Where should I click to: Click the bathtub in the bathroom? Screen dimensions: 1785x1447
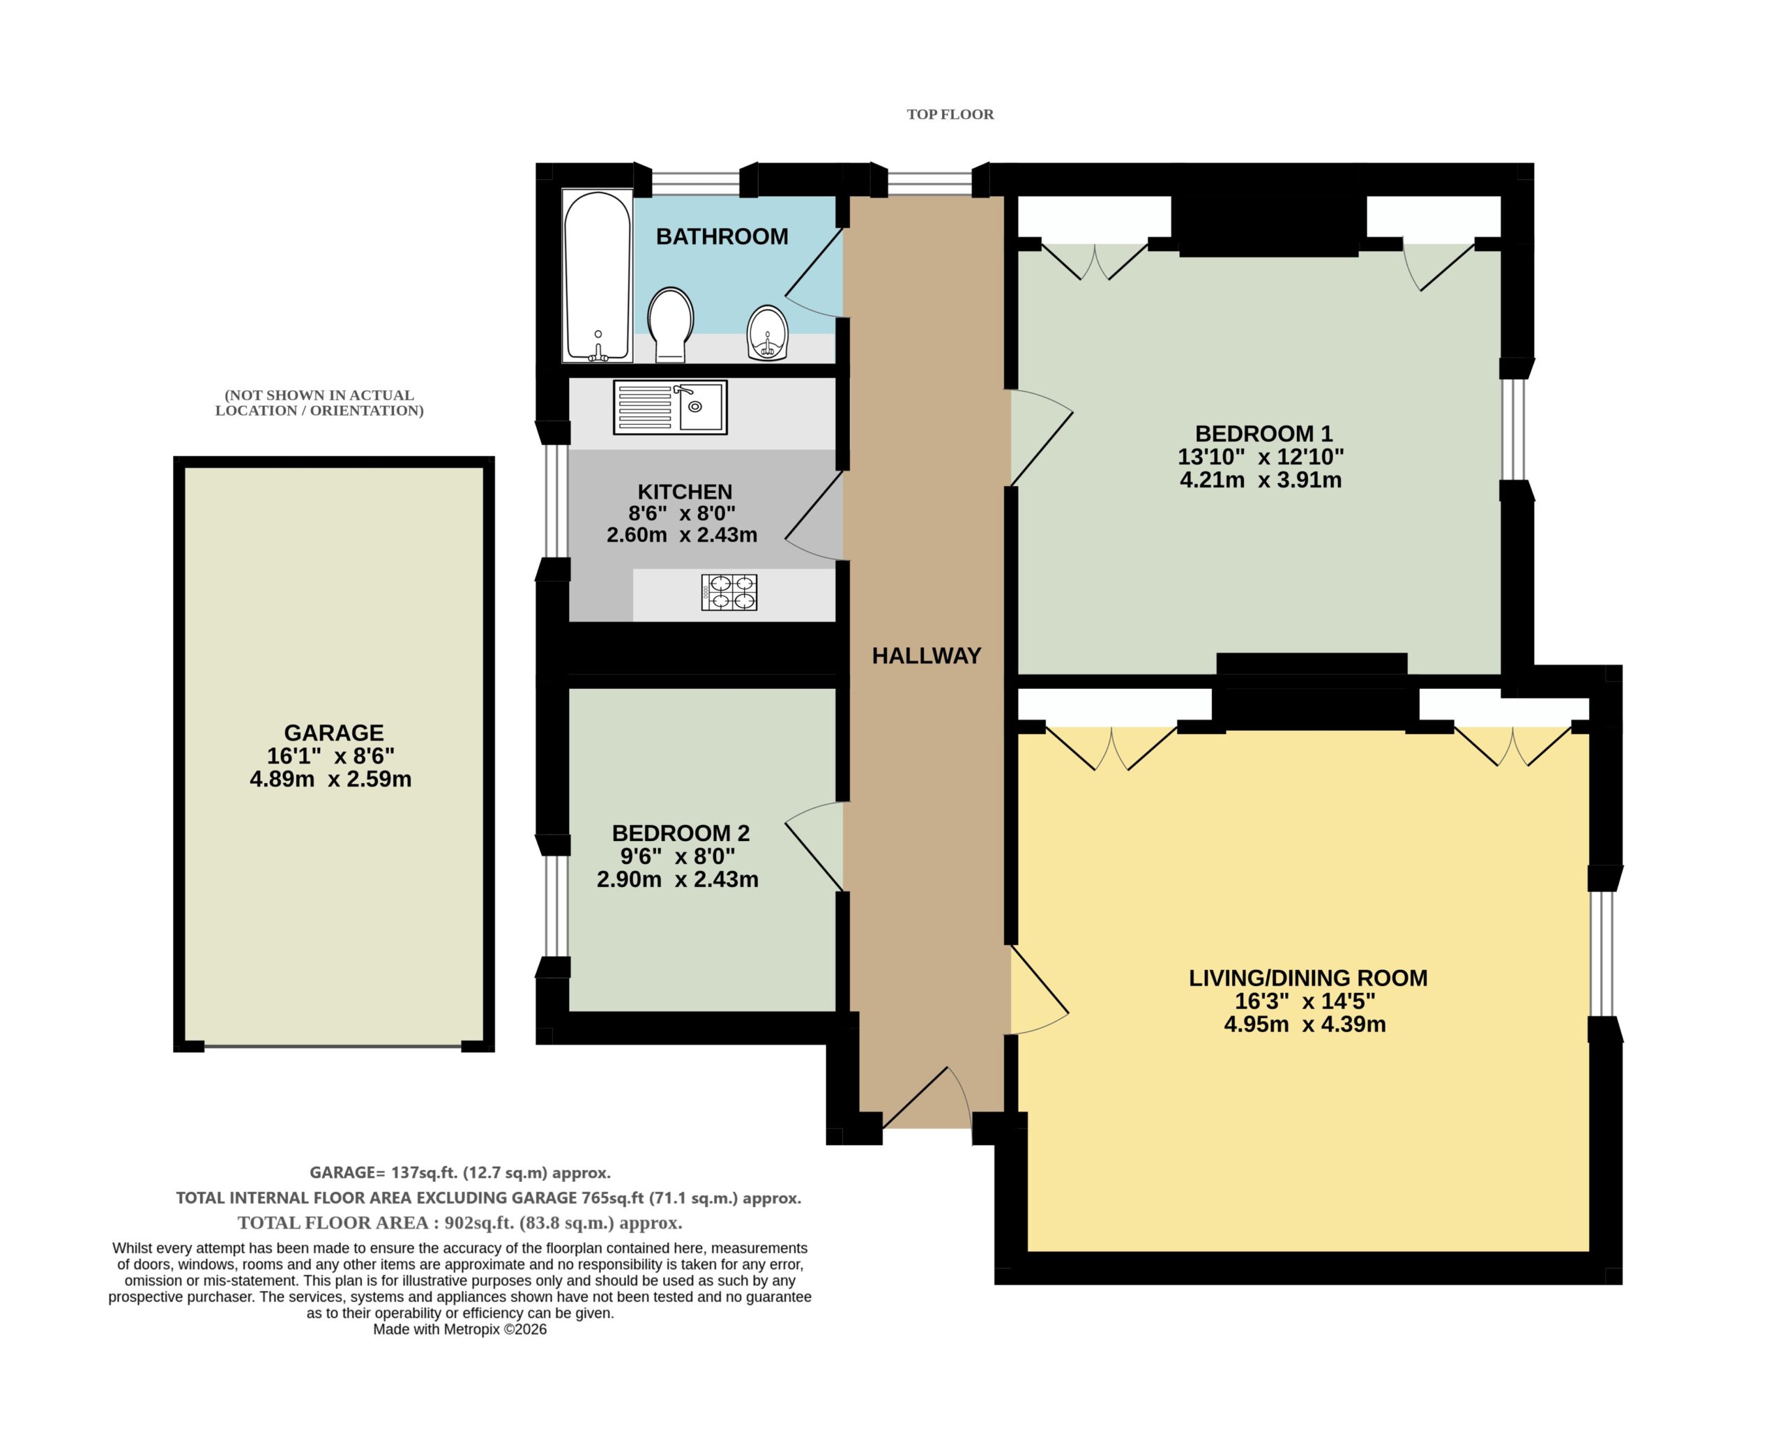597,277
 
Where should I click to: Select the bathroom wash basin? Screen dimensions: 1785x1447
766,333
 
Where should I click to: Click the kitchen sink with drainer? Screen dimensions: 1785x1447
670,407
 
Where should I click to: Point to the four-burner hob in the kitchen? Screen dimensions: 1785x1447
729,593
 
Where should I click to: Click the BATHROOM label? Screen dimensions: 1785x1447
722,236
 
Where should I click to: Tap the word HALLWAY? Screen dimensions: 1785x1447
926,656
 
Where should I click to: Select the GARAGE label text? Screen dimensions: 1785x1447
333,733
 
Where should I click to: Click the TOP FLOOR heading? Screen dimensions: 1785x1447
950,114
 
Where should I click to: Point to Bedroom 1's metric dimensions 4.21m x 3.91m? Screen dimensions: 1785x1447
1261,480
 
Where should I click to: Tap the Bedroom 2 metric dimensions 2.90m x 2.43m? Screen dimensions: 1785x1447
678,879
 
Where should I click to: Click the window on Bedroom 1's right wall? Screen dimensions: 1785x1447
1517,431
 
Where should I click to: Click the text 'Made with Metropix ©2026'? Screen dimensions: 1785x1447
460,1329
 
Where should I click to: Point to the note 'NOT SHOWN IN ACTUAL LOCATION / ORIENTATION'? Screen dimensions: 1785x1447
319,402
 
